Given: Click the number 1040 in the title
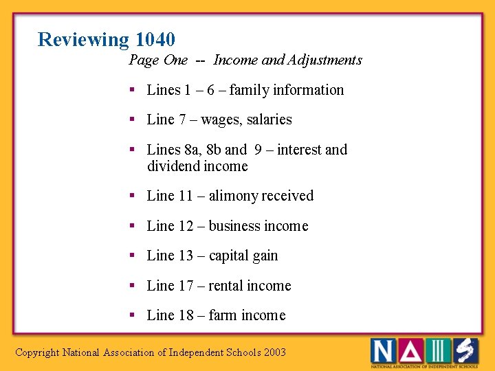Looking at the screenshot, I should point(155,40).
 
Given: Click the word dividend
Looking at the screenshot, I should point(173,166).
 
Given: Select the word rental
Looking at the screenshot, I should point(226,286).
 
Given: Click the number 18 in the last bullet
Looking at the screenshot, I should point(186,315).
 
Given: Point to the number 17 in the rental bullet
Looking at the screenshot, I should point(186,286).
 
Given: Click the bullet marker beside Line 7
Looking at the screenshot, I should point(131,120).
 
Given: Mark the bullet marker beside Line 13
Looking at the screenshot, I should point(131,256).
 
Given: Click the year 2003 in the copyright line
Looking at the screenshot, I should point(275,352).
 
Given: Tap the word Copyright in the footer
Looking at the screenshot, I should point(37,352).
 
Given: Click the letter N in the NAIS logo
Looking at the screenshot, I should point(383,350).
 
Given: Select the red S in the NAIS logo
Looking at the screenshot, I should point(465,350).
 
